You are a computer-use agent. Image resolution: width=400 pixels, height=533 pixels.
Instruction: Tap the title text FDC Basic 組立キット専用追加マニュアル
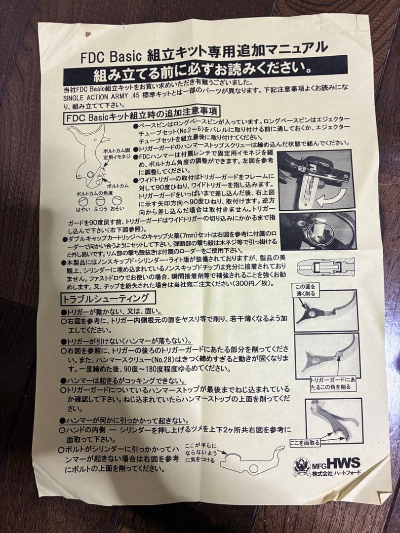(x=203, y=51)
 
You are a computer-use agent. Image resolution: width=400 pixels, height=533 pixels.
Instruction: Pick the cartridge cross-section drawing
(x=326, y=267)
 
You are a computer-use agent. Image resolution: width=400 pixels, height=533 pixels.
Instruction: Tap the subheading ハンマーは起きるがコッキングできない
(x=122, y=381)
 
